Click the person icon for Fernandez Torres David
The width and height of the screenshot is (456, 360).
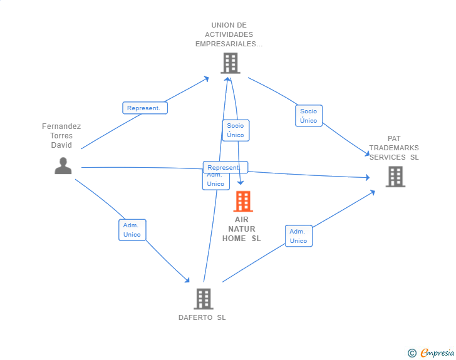click(63, 166)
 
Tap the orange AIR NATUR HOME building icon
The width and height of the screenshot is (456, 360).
click(242, 202)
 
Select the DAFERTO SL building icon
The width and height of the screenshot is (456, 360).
click(203, 299)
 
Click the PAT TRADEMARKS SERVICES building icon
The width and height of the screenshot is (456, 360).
click(395, 177)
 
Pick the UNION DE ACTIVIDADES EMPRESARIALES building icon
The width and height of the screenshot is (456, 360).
click(230, 63)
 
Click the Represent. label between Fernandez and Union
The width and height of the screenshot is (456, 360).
click(145, 108)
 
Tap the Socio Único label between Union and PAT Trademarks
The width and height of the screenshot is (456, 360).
click(308, 116)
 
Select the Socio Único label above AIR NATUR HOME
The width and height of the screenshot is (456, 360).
click(236, 130)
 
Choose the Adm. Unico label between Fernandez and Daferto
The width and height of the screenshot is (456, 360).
click(132, 230)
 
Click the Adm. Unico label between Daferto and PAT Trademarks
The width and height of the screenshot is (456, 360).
click(298, 236)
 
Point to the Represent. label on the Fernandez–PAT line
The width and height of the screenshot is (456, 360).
click(225, 168)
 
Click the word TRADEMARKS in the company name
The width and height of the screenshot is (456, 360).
click(394, 148)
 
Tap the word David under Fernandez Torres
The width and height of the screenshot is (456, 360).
click(61, 145)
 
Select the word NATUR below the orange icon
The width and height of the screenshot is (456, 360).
click(242, 229)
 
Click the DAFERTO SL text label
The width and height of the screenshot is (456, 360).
click(202, 317)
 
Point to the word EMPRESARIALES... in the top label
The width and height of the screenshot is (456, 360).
click(229, 44)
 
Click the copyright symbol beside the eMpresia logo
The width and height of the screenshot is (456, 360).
click(412, 353)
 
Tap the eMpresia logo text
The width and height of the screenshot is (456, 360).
click(437, 353)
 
